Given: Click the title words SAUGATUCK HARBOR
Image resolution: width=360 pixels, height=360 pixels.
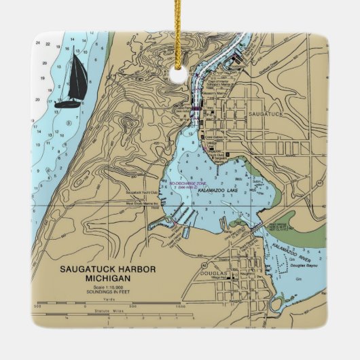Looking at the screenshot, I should (x=107, y=269).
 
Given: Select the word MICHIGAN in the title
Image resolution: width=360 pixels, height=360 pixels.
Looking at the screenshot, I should (x=107, y=278).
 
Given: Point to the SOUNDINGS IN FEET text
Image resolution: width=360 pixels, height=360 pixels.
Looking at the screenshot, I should (x=107, y=293).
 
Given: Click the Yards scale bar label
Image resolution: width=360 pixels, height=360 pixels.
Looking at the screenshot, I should (x=107, y=300).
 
